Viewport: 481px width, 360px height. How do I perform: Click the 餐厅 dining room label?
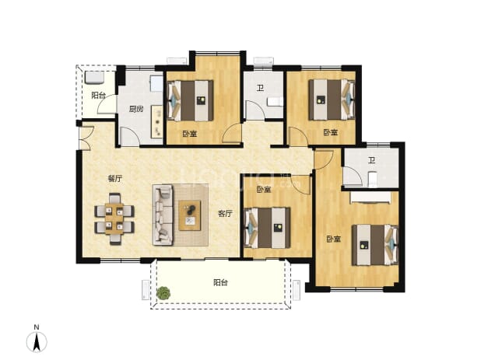tap(115, 179)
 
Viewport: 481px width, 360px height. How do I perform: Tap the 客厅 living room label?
tap(225, 214)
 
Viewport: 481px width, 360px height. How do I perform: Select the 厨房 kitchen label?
tap(136, 109)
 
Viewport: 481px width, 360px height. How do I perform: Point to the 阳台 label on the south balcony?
tap(220, 282)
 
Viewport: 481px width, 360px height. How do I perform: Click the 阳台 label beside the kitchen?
tap(99, 96)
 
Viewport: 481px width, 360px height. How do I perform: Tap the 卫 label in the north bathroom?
tap(260, 89)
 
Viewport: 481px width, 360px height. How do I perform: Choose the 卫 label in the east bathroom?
tap(371, 160)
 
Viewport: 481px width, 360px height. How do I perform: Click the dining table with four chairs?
tap(114, 218)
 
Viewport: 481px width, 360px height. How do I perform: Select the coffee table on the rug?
tap(190, 215)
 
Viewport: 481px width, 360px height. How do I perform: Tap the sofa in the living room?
tap(163, 215)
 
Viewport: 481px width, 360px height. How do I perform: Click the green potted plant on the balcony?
tap(163, 293)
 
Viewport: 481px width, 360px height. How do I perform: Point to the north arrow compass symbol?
tap(37, 342)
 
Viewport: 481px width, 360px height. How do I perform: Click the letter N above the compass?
tap(37, 327)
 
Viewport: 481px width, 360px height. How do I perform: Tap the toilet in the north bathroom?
tap(275, 101)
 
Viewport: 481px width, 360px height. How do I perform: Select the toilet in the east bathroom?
tap(372, 180)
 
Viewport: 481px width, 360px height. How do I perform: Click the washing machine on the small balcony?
tap(94, 78)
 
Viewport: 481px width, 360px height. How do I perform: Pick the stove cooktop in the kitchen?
tap(158, 122)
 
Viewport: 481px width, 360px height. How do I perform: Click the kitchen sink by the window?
tap(156, 84)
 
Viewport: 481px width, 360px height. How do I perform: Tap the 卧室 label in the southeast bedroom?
tap(333, 239)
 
